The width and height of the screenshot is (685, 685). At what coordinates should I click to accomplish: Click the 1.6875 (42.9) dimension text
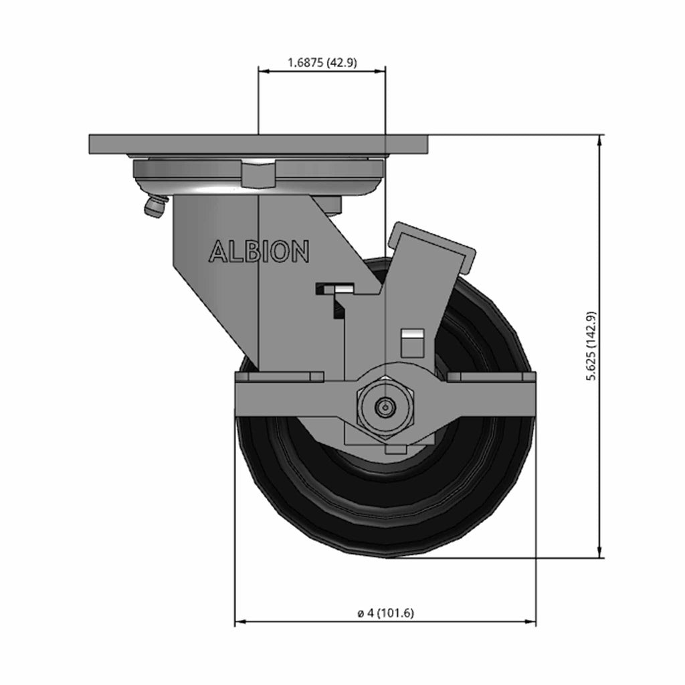[322, 63]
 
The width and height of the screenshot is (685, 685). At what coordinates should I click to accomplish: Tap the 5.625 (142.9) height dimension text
[591, 346]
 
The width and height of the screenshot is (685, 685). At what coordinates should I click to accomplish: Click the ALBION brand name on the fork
[259, 252]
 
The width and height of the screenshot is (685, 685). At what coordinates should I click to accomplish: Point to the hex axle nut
[385, 407]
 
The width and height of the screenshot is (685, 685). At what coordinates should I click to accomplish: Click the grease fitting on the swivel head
[155, 206]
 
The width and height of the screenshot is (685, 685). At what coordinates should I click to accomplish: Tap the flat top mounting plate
[259, 144]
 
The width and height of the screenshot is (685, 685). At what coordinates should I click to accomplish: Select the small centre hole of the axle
[385, 407]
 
